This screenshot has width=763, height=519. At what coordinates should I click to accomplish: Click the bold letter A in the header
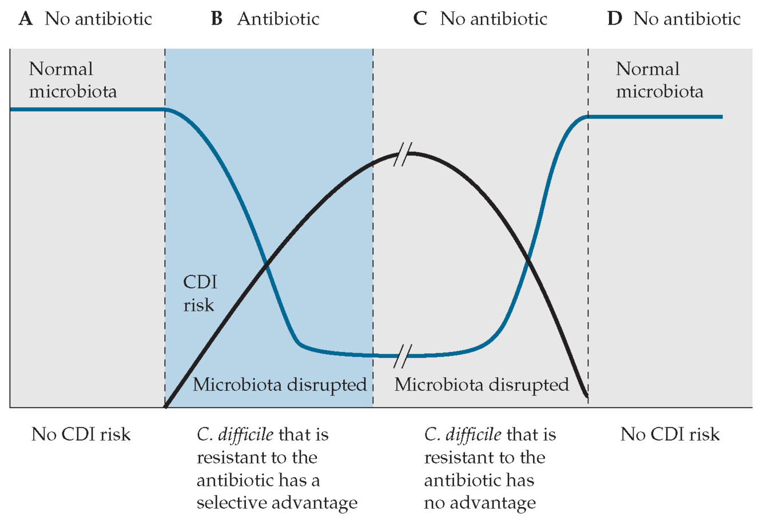(x=25, y=19)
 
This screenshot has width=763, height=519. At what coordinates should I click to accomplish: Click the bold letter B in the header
(x=217, y=19)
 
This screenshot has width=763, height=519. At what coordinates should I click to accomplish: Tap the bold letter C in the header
(x=420, y=19)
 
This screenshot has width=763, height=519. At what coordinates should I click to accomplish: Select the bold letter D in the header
(x=614, y=19)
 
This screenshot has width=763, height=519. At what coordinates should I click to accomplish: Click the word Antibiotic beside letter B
(x=279, y=19)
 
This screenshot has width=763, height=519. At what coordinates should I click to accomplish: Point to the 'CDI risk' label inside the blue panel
(x=200, y=294)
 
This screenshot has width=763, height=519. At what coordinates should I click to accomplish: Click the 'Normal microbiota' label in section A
(x=73, y=80)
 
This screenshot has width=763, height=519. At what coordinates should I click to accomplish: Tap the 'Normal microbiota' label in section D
(x=659, y=80)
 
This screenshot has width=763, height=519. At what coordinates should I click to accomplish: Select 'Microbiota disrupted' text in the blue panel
(x=280, y=385)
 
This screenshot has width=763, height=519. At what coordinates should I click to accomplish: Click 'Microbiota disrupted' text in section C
(x=482, y=385)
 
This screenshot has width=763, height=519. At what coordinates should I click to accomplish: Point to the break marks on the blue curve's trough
(x=403, y=356)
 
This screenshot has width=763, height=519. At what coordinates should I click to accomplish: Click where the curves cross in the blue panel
(x=265, y=265)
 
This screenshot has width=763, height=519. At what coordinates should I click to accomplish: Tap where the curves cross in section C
(x=528, y=261)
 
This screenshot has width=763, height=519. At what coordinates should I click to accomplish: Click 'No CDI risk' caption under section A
(x=81, y=434)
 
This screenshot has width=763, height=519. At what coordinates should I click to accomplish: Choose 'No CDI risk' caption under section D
(x=670, y=434)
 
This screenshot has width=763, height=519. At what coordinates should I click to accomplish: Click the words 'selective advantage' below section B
(x=277, y=503)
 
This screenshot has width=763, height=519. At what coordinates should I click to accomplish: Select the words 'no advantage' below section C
(x=479, y=503)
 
